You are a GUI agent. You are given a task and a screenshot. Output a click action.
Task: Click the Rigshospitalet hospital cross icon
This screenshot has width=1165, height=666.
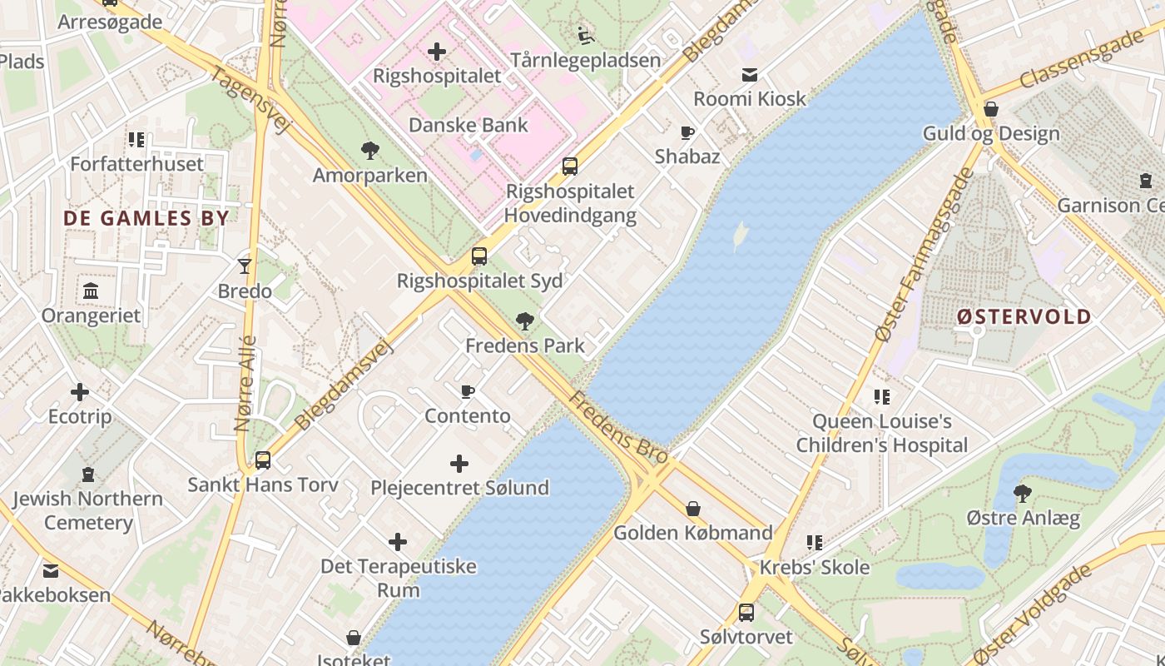[437, 52]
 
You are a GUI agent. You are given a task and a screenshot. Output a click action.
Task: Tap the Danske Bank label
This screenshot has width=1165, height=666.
[468, 125]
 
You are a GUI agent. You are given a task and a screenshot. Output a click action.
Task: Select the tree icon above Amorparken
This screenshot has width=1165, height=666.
[370, 151]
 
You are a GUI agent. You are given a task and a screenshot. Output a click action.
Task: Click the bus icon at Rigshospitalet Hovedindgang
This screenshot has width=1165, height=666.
[570, 166]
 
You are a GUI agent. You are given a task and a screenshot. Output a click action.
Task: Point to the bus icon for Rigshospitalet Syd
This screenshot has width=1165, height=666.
[479, 256]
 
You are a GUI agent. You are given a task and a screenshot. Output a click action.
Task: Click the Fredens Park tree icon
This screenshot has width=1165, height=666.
[525, 321]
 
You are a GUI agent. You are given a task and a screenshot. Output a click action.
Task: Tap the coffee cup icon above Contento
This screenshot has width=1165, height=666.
[468, 391]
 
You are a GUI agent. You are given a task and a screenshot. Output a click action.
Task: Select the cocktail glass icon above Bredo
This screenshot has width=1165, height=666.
[245, 266]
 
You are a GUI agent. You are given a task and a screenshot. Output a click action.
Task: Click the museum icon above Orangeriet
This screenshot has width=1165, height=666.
[91, 291]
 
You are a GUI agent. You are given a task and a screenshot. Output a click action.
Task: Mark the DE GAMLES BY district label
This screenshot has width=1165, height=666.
[146, 218]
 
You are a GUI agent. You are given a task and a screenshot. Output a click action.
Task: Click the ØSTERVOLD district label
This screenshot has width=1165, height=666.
[1024, 316]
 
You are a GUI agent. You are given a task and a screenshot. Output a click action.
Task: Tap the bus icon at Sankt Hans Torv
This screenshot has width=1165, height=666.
[263, 460]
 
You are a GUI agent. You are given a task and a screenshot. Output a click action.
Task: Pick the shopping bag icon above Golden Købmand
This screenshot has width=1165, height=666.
[693, 508]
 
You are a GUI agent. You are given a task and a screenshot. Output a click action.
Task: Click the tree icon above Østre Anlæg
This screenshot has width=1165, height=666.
[1023, 494]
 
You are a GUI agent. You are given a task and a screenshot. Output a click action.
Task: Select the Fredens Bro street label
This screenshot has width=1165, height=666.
[618, 428]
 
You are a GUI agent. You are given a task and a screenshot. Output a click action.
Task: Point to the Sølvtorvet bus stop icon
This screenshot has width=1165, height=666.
[746, 613]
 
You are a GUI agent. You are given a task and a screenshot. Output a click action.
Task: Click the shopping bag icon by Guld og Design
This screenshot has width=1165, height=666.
[991, 109]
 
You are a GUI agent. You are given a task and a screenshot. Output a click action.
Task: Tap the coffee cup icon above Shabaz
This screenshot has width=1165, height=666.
[687, 132]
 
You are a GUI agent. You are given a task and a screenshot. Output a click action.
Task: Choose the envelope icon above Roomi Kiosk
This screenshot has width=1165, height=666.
[750, 75]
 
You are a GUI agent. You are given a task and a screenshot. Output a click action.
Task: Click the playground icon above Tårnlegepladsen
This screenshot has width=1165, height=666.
[586, 36]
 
